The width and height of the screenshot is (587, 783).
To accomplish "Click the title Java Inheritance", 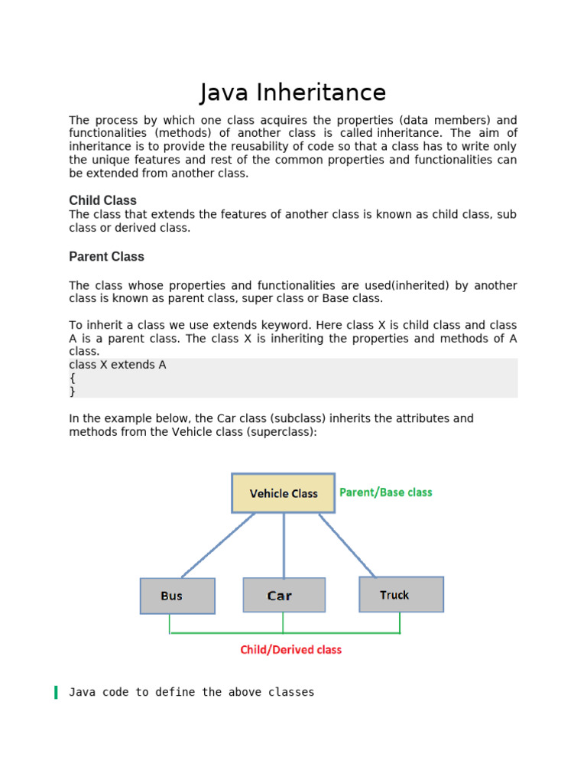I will pos(293,93).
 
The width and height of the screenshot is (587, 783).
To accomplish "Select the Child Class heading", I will pos(102,200).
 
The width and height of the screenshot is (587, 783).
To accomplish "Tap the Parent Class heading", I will pos(106,256).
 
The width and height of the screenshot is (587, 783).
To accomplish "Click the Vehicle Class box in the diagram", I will pos(283,493).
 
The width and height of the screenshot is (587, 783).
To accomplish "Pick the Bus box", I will pos(177,596).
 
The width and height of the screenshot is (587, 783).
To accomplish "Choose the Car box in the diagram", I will pos(284,595).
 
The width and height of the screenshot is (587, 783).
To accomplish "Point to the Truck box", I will pos(401,594).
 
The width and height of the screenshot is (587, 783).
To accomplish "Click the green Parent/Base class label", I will pos(385,492).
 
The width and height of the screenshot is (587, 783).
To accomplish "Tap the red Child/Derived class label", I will pos(290,650).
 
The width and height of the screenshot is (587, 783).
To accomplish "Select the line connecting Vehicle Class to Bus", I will pos(218,544).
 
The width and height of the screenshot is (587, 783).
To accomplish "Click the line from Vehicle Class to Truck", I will pos(347,544).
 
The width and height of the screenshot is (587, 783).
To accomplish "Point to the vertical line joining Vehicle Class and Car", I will pos(284,544).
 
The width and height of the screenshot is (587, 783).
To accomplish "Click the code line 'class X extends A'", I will pos(118,365).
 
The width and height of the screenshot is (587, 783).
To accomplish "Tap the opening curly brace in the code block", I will pos(72,378).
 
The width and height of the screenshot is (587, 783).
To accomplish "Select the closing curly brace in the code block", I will pos(72,391).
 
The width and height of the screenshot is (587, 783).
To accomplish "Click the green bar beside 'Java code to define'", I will pos(56,693).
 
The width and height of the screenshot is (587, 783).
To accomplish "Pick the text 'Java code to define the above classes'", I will pos(191,692).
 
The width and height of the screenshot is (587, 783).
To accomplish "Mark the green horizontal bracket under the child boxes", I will pos(284,633).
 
